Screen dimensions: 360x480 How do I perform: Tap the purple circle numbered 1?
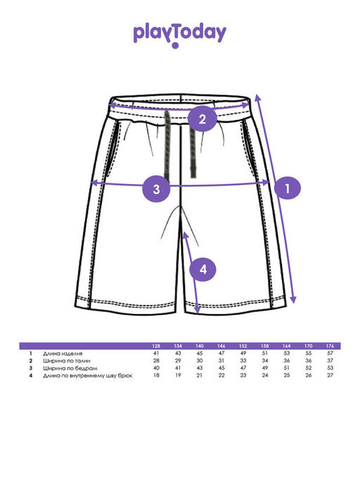[x=288, y=188]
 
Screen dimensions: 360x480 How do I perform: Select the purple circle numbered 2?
[x=202, y=119]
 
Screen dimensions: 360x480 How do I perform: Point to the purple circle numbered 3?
[x=156, y=189]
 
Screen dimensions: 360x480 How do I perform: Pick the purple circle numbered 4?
[x=203, y=270]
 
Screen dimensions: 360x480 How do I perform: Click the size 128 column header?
[x=156, y=346]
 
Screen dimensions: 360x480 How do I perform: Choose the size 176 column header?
[x=330, y=346]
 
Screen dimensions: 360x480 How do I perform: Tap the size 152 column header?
[x=243, y=346]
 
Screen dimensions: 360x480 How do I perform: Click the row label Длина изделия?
[x=63, y=353]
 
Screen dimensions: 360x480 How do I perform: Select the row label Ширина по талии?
[x=67, y=361]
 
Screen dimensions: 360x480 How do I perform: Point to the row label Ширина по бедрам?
[x=70, y=368]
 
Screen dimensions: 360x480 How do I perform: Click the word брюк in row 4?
[x=125, y=375]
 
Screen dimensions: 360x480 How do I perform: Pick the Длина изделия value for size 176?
[x=330, y=353]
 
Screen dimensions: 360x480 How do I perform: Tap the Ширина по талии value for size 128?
[x=156, y=361]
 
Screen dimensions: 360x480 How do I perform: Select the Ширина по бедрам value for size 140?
[x=200, y=368]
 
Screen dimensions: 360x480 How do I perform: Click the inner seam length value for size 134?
[x=178, y=375]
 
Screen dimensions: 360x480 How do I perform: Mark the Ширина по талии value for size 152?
[x=243, y=361]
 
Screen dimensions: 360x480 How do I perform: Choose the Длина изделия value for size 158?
[x=264, y=353]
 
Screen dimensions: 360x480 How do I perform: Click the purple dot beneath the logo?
[x=175, y=46]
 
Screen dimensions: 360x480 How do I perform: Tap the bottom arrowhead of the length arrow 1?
[x=293, y=299]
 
